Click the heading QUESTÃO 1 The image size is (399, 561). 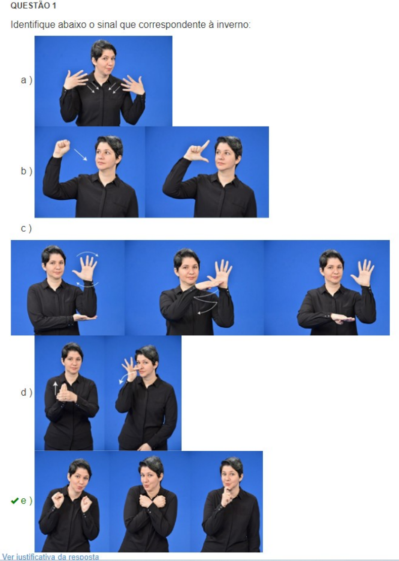coord(33,6)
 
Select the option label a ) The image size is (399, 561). coord(26,80)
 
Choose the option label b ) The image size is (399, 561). coord(26,171)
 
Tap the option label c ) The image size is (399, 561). coord(26,228)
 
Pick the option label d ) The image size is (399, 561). coord(26,393)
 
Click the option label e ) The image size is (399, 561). coord(26,500)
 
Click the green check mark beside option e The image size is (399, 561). coord(15,501)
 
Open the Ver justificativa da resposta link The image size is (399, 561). coord(51,557)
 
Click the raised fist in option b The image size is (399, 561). coord(62,148)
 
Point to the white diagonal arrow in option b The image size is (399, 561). coord(80,155)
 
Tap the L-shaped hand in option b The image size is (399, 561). coord(196,152)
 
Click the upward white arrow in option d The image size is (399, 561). coord(56,388)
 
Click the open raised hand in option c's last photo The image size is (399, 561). coord(363,273)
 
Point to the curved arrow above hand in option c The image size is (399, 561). coord(87,253)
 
